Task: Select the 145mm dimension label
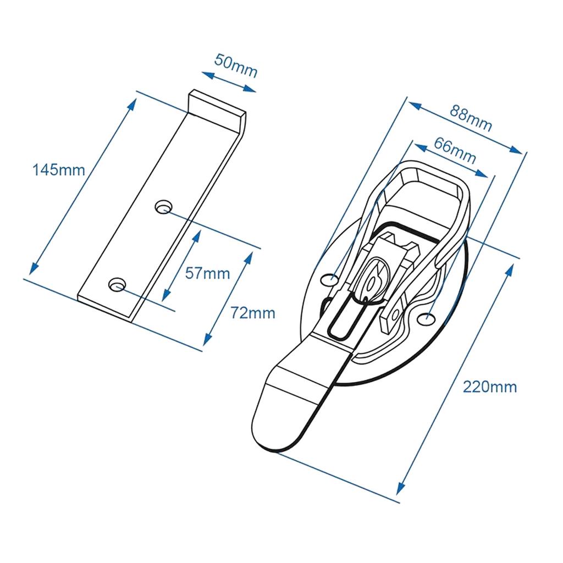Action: coord(59,170)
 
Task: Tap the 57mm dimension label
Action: coord(207,273)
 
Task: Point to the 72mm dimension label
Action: coord(253,313)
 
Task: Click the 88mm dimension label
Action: coord(471,118)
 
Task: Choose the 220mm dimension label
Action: coord(490,387)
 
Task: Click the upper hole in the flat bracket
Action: coord(163,207)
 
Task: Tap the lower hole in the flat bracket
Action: coord(117,284)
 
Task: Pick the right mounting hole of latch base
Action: coord(426,318)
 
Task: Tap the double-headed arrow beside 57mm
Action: coord(181,266)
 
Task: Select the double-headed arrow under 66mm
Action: coord(451,162)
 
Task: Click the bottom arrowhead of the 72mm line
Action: coord(207,341)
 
